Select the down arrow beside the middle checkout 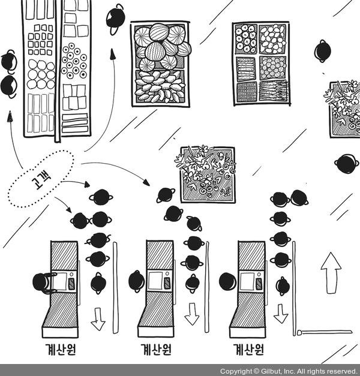191,314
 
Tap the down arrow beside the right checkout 280,312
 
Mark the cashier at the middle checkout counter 136,281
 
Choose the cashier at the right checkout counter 227,281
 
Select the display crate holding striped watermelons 160,64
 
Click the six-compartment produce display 260,63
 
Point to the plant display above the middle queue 206,173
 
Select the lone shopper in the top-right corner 323,50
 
